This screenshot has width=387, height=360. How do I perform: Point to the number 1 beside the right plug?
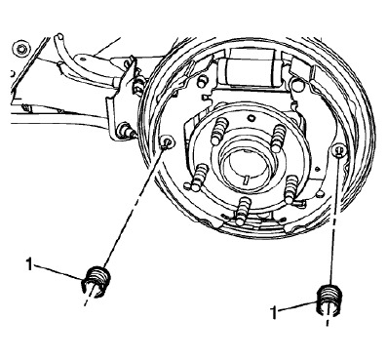coord(276,311)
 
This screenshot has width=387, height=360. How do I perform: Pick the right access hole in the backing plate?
coord(338,151)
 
